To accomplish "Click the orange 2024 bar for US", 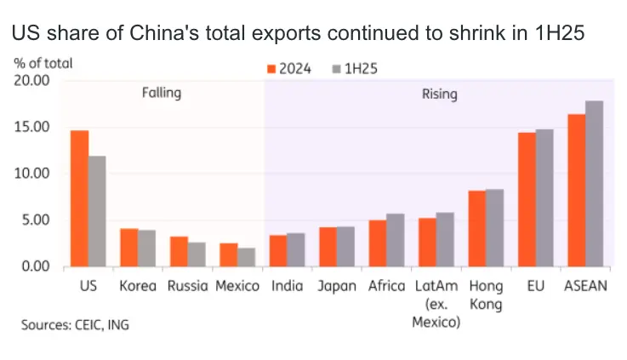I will (x=79, y=198).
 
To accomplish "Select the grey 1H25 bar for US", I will (x=97, y=211).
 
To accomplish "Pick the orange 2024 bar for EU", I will (x=527, y=200).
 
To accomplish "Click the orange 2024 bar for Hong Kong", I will (x=477, y=229).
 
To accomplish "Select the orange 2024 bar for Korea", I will (x=128, y=248).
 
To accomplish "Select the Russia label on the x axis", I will (x=187, y=286).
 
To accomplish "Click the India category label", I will (x=287, y=286).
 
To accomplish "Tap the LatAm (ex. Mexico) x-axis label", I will (x=436, y=304).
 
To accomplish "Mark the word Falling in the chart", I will (x=161, y=93).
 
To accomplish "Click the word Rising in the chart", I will (x=439, y=94).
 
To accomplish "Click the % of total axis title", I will (x=43, y=63).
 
